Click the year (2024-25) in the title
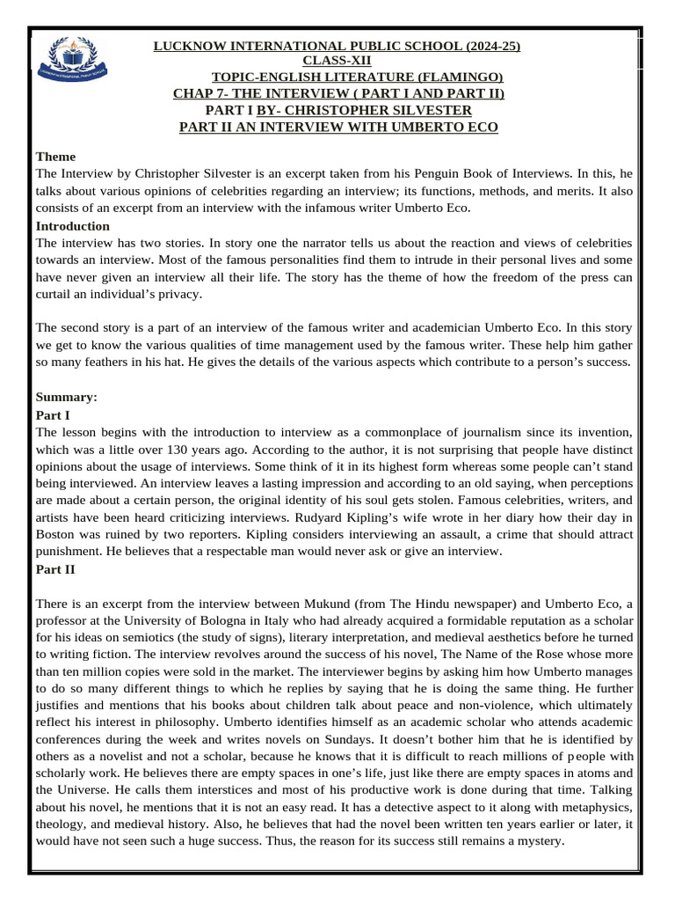(485, 46)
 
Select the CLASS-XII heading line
(337, 61)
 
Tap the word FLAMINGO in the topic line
(468, 77)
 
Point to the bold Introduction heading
(72, 226)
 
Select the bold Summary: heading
(66, 397)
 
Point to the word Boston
(56, 534)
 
